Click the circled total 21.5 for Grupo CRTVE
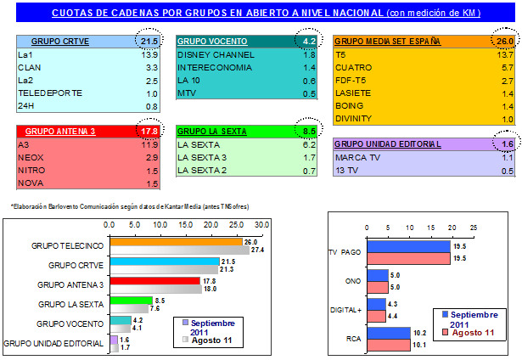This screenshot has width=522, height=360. coord(149,42)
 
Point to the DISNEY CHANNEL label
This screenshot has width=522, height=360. coord(210,53)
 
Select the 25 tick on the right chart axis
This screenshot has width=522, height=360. coord(474,228)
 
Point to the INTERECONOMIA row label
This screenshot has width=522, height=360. coord(213,66)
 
